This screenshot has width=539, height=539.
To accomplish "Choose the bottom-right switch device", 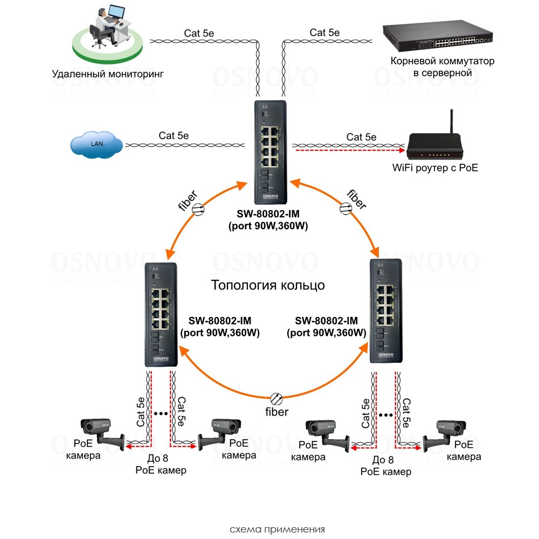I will [385, 310].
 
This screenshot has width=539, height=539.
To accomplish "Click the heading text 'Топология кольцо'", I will [268, 285].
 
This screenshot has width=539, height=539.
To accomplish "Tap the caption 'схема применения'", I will [269, 529].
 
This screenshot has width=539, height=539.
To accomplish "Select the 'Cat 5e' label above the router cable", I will [361, 137].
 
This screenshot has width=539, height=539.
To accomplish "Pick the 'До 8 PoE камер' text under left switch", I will [161, 465].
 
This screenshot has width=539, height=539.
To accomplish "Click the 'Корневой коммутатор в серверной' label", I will [438, 67].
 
